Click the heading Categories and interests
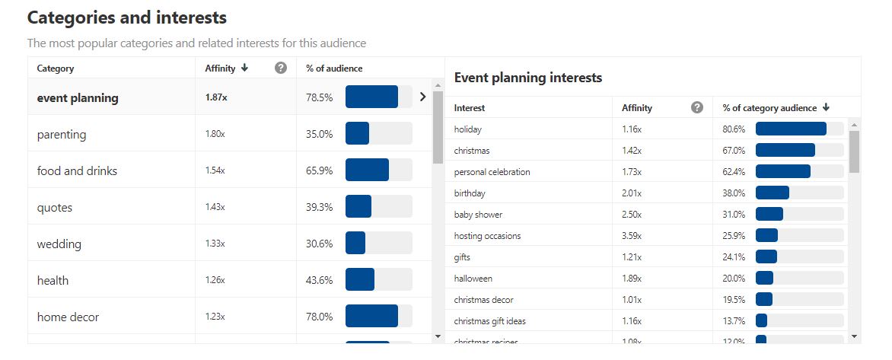click(126, 17)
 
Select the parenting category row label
click(62, 135)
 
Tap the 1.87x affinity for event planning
click(217, 97)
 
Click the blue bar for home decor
click(371, 317)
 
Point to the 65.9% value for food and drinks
click(320, 171)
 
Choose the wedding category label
click(59, 244)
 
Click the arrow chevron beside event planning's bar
click(423, 97)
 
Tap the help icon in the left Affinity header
click(281, 68)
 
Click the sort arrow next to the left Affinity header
click(244, 68)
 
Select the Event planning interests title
click(527, 78)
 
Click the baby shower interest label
click(478, 215)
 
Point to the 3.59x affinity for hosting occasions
click(632, 236)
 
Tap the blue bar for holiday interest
click(791, 129)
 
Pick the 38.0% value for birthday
click(734, 193)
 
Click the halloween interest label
click(473, 279)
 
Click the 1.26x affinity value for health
click(215, 281)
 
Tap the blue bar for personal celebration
click(782, 172)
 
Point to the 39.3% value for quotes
click(320, 208)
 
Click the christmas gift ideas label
click(489, 321)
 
